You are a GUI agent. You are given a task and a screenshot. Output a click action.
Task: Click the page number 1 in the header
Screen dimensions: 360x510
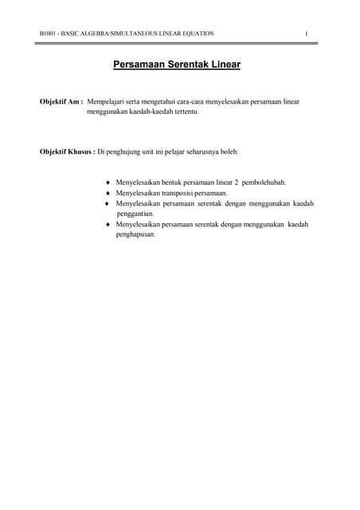(307, 33)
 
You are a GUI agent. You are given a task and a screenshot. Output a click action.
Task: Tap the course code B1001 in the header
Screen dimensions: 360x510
(49, 33)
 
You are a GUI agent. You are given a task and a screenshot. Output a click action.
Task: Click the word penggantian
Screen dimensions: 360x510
(135, 214)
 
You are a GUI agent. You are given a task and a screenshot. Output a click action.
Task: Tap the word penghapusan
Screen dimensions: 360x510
(135, 234)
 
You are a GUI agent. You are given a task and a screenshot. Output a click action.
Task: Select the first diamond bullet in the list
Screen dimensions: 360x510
(108, 183)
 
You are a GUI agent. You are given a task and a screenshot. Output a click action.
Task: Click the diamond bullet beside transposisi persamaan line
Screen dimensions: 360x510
(108, 194)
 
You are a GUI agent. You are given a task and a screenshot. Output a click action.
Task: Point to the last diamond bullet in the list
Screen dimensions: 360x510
(108, 225)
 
